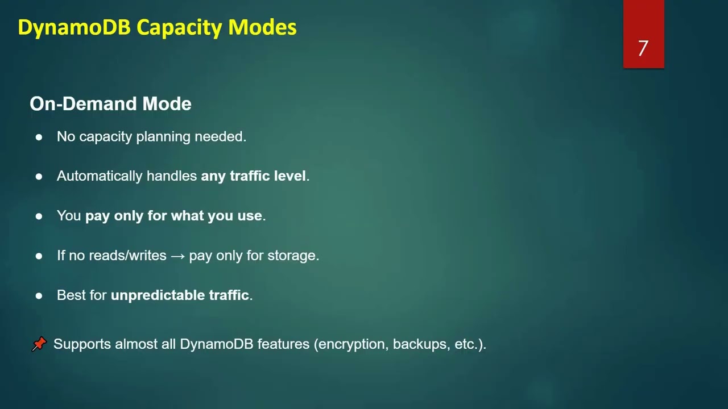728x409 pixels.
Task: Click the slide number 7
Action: coord(643,48)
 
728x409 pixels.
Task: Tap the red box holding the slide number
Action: coord(643,17)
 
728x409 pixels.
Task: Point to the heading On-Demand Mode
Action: coord(110,103)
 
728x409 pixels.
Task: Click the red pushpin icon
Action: coord(39,344)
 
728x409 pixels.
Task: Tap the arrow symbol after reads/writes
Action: coord(177,256)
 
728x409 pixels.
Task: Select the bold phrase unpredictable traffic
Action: coord(180,295)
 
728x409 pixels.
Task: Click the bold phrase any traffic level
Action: coord(254,176)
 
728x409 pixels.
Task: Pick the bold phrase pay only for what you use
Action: coord(173,216)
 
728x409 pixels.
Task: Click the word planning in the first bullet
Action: coord(163,137)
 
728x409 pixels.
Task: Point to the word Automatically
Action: coord(100,176)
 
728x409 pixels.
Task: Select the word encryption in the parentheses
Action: coord(352,344)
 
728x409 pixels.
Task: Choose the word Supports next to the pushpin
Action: coord(82,344)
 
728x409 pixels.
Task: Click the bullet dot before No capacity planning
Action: coord(39,137)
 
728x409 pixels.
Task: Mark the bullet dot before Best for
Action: coord(39,295)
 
